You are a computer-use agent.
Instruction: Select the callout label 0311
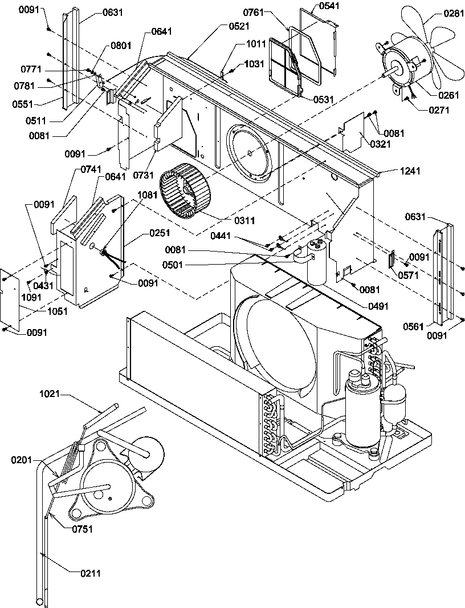click(x=246, y=220)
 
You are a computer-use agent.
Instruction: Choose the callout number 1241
click(x=393, y=171)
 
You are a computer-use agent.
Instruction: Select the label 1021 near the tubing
click(x=51, y=394)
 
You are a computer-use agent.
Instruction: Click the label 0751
click(x=82, y=529)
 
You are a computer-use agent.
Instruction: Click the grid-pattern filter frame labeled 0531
click(x=285, y=67)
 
